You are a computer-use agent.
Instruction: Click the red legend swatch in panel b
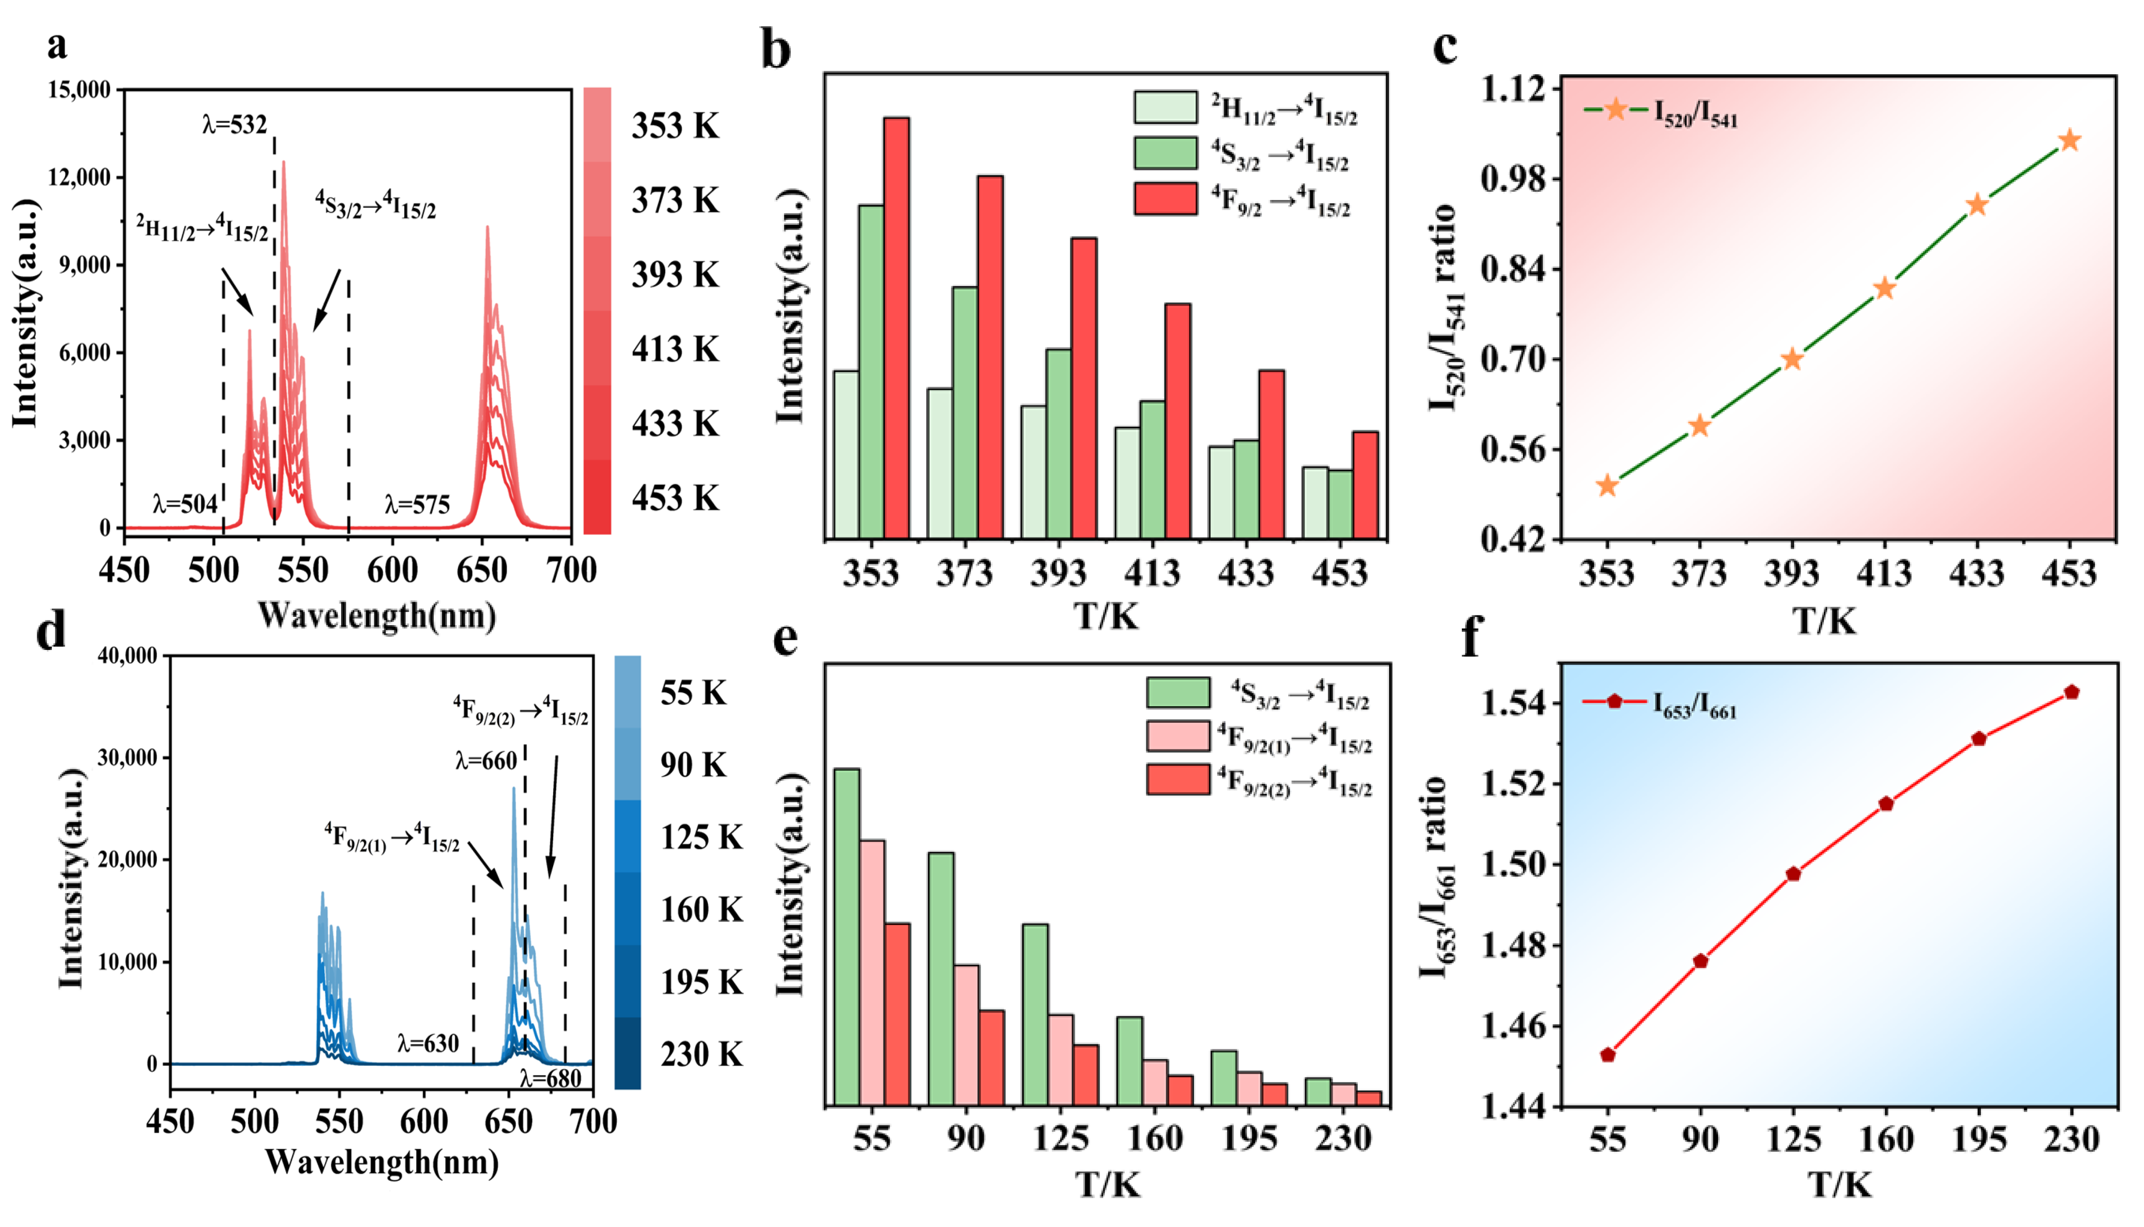[1165, 199]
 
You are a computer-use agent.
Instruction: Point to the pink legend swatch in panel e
[1178, 736]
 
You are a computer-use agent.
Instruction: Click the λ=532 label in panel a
[234, 125]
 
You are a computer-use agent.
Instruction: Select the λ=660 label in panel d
[486, 761]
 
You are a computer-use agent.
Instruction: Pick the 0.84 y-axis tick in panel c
[1514, 270]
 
